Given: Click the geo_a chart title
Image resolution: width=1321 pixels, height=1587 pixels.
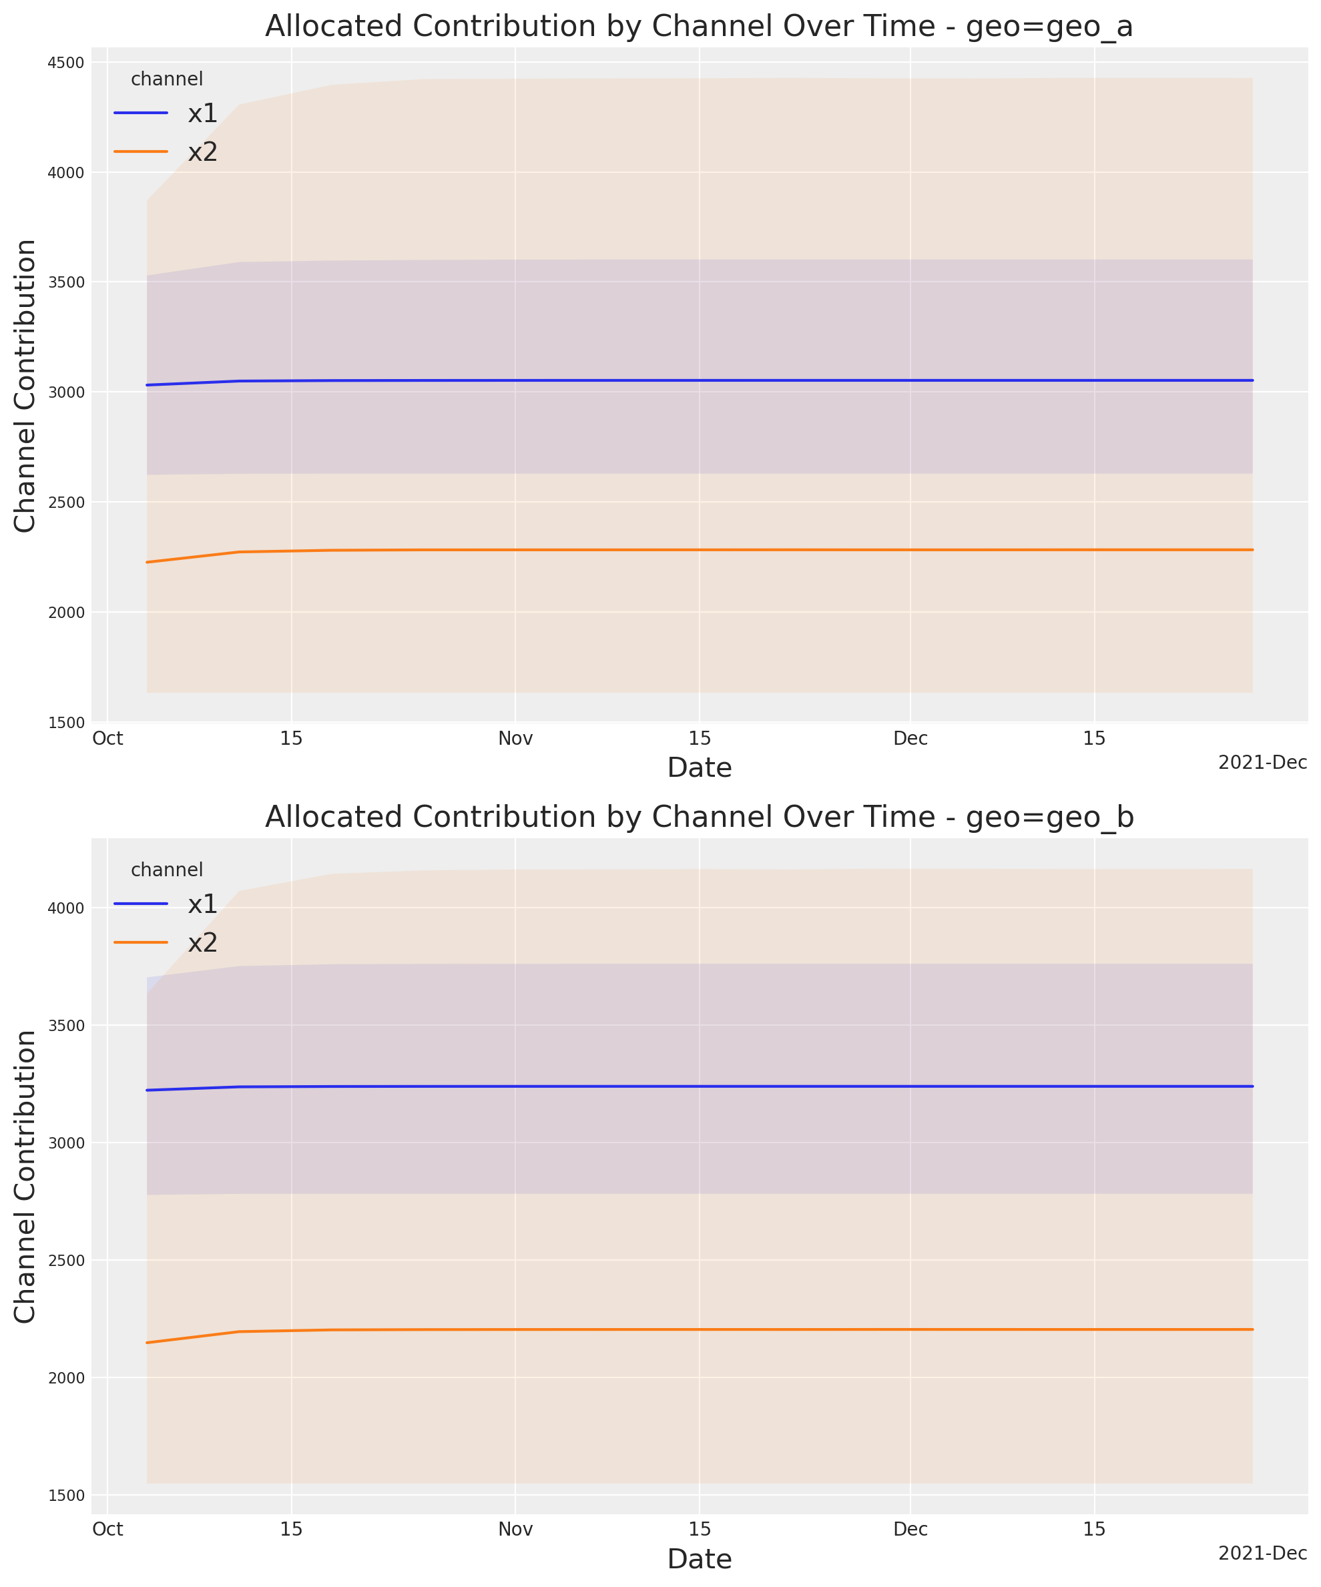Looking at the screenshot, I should click(699, 27).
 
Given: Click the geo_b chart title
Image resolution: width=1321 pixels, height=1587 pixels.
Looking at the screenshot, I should click(699, 817).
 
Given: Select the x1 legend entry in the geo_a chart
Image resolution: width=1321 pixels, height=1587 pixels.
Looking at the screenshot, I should click(202, 113).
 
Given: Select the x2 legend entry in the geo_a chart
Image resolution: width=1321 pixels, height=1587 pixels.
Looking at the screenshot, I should click(202, 152).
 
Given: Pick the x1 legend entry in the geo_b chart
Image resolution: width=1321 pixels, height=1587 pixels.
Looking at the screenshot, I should click(202, 904).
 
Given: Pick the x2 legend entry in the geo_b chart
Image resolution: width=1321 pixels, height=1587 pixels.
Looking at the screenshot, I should click(202, 942).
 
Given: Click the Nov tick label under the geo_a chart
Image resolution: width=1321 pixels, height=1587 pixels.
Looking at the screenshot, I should click(515, 738).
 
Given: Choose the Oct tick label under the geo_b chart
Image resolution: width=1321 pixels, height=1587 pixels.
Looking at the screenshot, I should click(107, 1530).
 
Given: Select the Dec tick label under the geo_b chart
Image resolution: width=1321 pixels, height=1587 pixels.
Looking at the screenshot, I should click(910, 1530).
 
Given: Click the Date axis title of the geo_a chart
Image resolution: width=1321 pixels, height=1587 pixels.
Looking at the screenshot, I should click(699, 767).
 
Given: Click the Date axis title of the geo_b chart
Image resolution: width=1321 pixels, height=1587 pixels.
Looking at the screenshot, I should click(699, 1559).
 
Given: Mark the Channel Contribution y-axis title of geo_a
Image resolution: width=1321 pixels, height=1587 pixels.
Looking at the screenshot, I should click(25, 386).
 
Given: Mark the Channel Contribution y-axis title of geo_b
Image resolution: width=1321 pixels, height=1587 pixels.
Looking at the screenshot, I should click(25, 1176).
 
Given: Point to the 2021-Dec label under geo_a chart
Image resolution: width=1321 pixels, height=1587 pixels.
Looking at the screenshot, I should click(1262, 763).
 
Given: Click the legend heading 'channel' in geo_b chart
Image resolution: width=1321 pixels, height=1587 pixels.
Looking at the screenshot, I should click(167, 870).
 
